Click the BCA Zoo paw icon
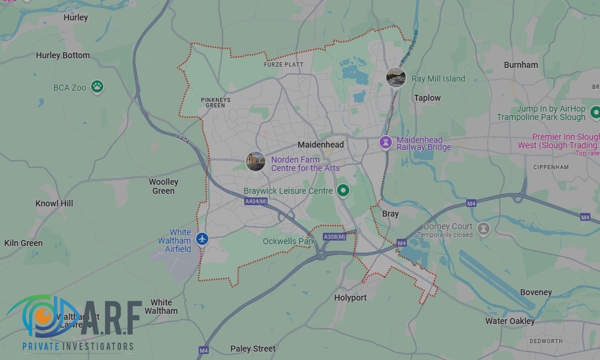(97, 87)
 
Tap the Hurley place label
(76, 17)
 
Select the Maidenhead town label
(321, 145)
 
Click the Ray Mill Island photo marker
(396, 77)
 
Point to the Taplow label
(427, 98)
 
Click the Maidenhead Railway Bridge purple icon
(386, 143)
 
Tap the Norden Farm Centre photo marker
(256, 161)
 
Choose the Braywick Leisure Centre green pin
(343, 191)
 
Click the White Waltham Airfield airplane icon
(202, 239)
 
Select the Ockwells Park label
(289, 241)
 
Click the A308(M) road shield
(334, 237)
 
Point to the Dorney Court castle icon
(483, 229)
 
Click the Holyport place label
(350, 298)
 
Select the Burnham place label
(521, 65)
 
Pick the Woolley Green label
(163, 186)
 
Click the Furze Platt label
(284, 64)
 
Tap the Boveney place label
(536, 292)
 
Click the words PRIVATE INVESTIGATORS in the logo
(78, 346)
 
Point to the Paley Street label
(253, 349)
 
